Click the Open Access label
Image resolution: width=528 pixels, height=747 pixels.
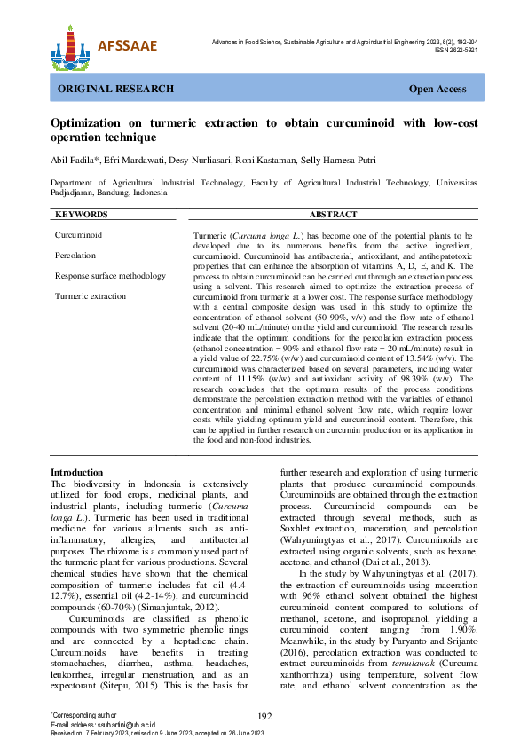pyautogui.click(x=437, y=90)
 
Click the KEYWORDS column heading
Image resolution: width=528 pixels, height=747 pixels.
pyautogui.click(x=82, y=215)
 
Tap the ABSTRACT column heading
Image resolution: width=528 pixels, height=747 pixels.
pyautogui.click(x=334, y=215)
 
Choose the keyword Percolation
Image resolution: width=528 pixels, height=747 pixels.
pyautogui.click(x=76, y=256)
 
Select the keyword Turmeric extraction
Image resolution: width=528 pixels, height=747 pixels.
pyautogui.click(x=91, y=296)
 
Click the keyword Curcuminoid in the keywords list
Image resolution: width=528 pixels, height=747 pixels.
pyautogui.click(x=78, y=235)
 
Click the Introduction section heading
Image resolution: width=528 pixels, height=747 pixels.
pyautogui.click(x=77, y=473)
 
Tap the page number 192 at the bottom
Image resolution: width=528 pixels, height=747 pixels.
pyautogui.click(x=264, y=717)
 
